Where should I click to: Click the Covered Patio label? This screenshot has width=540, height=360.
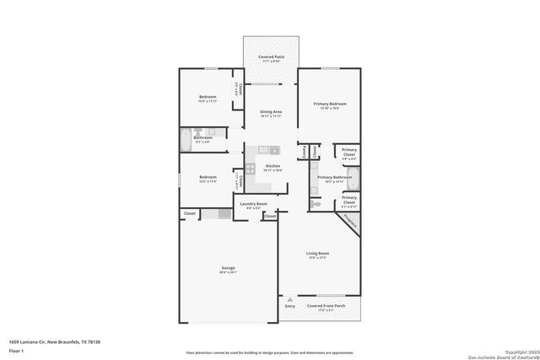point(271,57)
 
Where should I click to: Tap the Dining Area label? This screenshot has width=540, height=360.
point(271,112)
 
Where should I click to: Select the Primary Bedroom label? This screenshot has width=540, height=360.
point(331,104)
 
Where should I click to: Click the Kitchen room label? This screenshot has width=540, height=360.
point(273,166)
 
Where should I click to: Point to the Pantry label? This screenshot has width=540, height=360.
point(304,153)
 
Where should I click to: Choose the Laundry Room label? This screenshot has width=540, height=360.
point(254,204)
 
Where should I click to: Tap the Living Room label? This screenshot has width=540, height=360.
point(317,253)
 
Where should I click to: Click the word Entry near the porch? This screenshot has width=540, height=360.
point(290,306)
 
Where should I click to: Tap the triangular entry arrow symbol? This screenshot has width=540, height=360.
point(290,298)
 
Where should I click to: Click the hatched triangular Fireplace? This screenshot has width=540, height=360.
point(350,221)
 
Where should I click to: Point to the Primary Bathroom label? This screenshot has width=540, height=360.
point(334,177)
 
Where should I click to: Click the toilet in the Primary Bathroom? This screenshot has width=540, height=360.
point(316,205)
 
